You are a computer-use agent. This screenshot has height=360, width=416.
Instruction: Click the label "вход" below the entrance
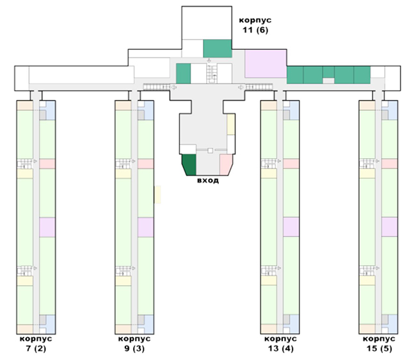click(208, 181)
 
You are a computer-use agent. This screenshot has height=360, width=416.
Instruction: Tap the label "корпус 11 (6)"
click(255, 25)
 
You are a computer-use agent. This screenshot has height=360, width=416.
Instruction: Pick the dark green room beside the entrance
click(189, 165)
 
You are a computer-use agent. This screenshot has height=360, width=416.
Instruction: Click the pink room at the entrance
click(226, 164)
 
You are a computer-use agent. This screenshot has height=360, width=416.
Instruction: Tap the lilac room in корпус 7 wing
click(48, 227)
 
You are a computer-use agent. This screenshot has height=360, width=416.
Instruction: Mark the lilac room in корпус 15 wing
click(390, 227)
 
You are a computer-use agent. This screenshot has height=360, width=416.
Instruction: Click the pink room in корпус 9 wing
click(146, 163)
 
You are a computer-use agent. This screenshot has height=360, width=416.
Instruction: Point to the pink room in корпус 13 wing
click(291, 163)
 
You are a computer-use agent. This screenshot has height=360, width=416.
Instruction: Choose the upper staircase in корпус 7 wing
click(25, 164)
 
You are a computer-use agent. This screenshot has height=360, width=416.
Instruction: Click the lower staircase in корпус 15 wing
click(367, 271)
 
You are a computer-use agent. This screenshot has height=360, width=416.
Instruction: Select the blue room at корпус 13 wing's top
click(291, 110)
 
